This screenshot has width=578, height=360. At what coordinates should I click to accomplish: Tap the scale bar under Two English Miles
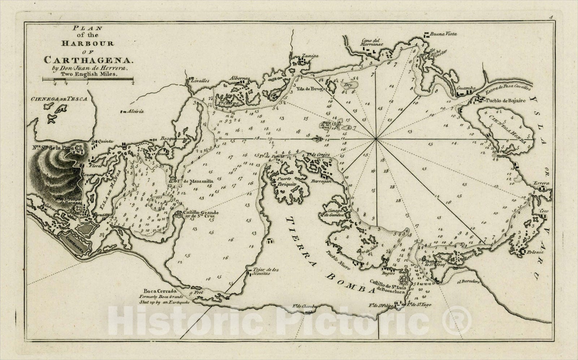pyautogui.click(x=88, y=79)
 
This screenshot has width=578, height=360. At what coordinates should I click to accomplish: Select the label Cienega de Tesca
pyautogui.click(x=59, y=99)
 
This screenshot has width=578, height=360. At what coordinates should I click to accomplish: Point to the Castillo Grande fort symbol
pyautogui.click(x=178, y=214)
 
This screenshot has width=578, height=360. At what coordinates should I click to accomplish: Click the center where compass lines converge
pyautogui.click(x=376, y=138)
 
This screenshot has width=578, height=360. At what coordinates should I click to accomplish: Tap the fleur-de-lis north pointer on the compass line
pyautogui.click(x=318, y=138)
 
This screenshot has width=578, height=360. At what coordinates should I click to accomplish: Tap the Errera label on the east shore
pyautogui.click(x=541, y=184)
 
